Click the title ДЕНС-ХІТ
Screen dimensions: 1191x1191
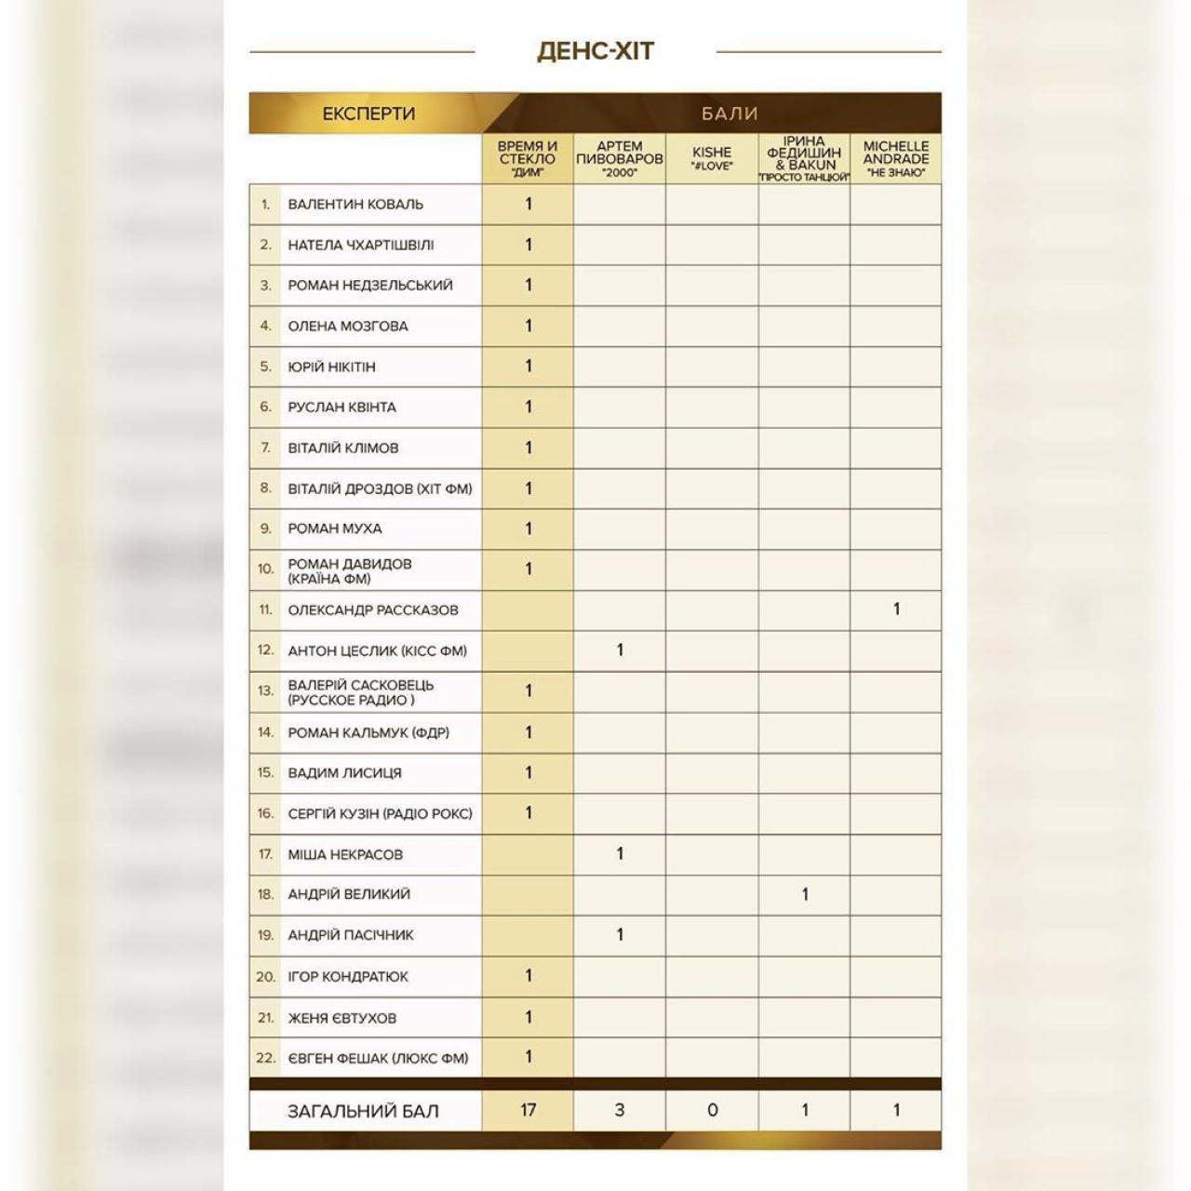(595, 50)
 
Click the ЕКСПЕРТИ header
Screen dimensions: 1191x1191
(368, 114)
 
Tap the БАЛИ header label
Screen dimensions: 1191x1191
(729, 114)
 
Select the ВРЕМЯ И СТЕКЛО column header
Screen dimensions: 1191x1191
(528, 158)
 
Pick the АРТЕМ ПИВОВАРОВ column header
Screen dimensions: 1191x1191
(620, 158)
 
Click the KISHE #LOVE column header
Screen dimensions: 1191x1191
(712, 158)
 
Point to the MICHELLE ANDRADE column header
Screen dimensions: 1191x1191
(896, 158)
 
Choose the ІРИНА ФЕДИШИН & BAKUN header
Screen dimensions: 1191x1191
(804, 158)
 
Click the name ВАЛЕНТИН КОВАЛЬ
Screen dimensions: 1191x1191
(355, 204)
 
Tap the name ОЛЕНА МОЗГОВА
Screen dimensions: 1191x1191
(348, 326)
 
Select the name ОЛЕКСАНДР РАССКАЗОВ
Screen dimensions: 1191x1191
(373, 610)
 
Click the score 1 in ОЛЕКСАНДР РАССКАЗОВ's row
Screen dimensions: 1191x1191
(896, 609)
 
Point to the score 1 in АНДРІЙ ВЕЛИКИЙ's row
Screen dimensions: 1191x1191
(805, 894)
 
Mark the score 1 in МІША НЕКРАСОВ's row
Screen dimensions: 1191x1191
(620, 853)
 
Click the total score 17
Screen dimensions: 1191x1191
(528, 1110)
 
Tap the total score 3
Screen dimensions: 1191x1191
(620, 1110)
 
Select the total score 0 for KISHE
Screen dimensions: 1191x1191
(712, 1110)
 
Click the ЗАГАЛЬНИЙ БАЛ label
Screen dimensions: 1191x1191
(363, 1111)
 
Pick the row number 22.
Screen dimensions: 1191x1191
(265, 1058)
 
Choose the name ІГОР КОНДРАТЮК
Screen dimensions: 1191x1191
(348, 976)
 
